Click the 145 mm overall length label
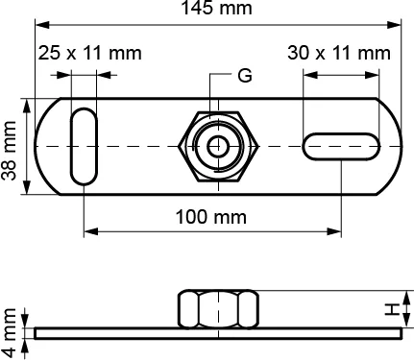pos(216,8)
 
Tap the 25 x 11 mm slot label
pos(90,53)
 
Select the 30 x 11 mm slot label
pos(339,53)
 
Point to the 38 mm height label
pos(9,151)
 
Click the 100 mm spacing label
pos(211,217)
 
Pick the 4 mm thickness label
pos(9,332)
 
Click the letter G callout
pos(245,76)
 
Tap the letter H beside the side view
pos(392,310)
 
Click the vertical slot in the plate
pos(84,147)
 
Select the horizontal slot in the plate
pos(341,146)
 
